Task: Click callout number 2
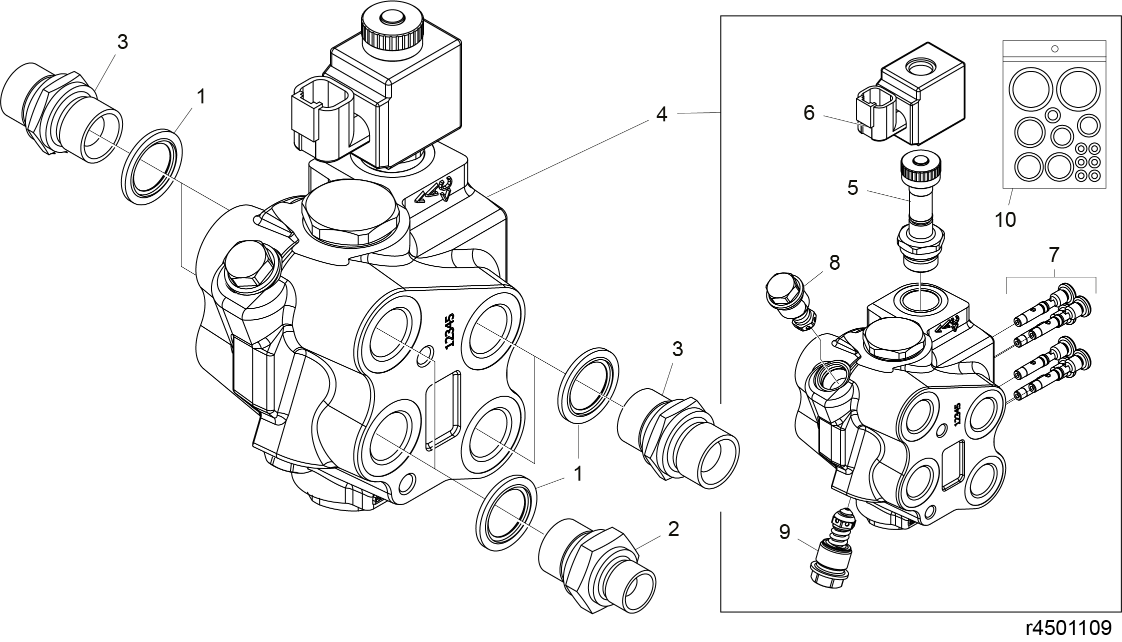[x=673, y=529]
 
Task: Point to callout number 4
[x=661, y=114]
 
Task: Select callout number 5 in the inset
[x=852, y=187]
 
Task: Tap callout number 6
[x=808, y=113]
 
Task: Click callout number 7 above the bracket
[x=1053, y=255]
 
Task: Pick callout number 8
[x=834, y=262]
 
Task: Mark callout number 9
[x=784, y=532]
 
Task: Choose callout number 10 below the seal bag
[x=1005, y=220]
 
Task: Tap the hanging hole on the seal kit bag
[x=1055, y=49]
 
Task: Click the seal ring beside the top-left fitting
[x=152, y=166]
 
